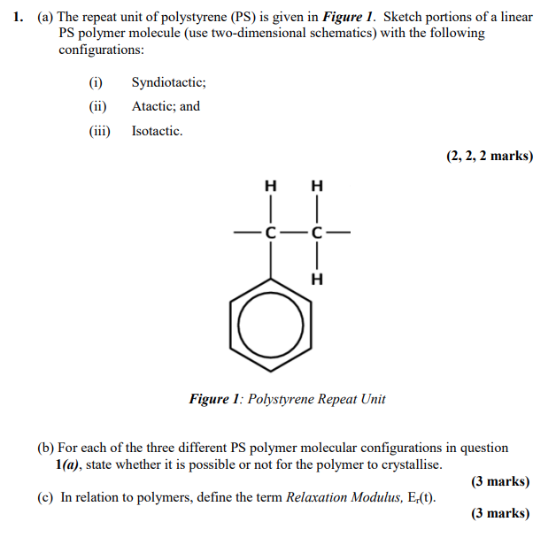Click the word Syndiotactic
168,82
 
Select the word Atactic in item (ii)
154,106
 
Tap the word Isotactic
157,131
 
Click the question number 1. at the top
19,17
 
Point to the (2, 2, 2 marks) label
490,156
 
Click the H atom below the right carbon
317,280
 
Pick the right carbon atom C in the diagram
317,234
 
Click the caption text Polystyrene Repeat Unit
316,399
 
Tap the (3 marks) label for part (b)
500,481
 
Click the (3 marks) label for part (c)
500,513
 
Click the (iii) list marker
97,131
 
